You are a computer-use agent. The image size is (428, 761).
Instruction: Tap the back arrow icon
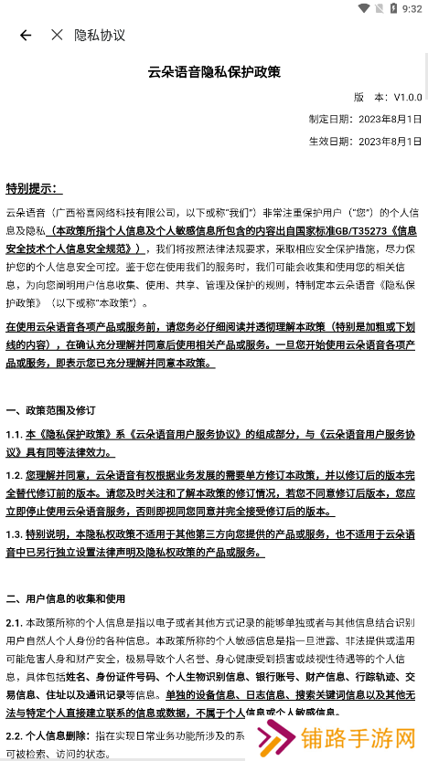point(26,36)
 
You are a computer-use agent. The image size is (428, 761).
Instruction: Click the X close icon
point(57,36)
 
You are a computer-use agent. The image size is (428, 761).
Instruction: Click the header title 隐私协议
point(100,36)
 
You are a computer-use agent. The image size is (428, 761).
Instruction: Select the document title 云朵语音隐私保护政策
point(214,71)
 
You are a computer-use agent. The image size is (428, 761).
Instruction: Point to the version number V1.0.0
point(408,97)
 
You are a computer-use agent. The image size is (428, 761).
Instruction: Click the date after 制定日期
point(391,119)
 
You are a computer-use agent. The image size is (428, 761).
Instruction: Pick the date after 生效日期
point(391,141)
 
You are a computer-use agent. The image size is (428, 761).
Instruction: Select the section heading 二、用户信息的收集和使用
point(66,598)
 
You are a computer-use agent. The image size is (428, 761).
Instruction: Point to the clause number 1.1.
point(14,435)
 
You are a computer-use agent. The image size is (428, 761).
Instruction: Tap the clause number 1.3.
point(14,533)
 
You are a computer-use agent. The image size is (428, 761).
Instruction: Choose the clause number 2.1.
point(14,621)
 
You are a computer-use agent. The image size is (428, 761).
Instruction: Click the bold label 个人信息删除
point(60,735)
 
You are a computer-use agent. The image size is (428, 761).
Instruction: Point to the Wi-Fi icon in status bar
point(364,9)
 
